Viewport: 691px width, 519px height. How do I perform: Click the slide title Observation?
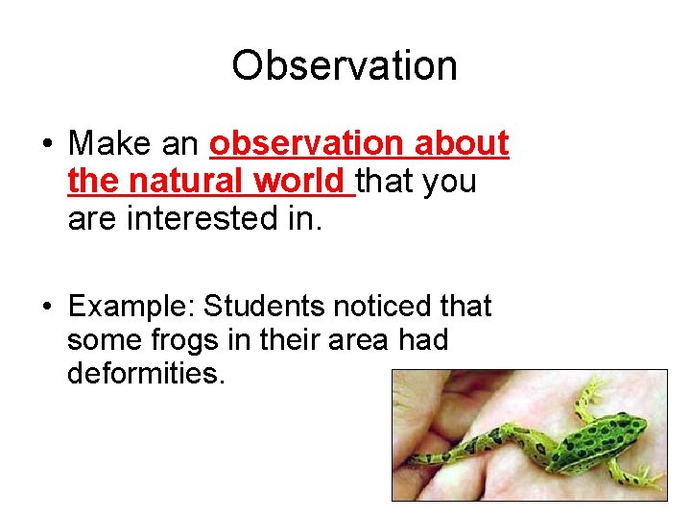(345, 65)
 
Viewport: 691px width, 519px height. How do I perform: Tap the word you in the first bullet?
(450, 181)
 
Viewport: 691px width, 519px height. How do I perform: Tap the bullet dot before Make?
(46, 145)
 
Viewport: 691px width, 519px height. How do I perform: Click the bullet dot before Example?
(46, 307)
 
